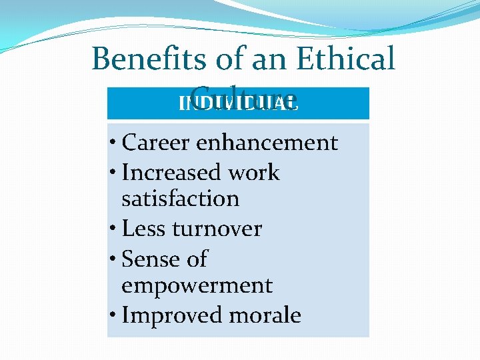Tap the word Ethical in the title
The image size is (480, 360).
pos(345,59)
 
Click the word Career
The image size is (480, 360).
pos(158,143)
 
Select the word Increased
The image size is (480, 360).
pos(172,173)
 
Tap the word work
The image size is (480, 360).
pos(253,173)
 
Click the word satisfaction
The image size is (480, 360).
pos(180,199)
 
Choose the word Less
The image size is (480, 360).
pos(144,229)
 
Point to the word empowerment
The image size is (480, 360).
pos(197,285)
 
